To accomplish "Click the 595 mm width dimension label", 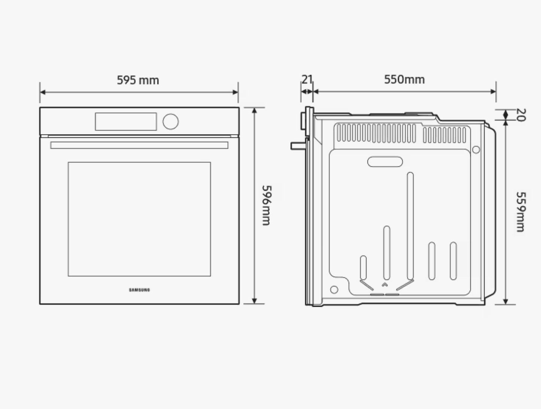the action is [138, 80].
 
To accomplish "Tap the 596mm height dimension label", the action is [266, 205].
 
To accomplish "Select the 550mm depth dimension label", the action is [404, 79].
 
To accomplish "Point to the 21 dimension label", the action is [307, 79].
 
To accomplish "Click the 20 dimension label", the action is [521, 115].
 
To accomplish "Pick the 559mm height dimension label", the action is [520, 212].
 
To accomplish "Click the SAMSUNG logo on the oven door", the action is [139, 290].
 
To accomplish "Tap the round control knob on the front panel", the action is [171, 121].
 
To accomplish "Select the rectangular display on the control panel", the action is [126, 121].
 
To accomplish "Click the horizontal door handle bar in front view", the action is [139, 145].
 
